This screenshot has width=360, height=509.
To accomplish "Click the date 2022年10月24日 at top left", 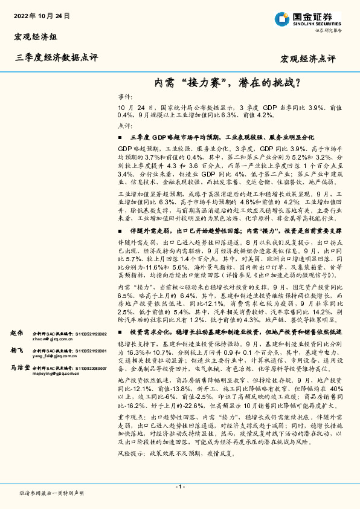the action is (x=37, y=15).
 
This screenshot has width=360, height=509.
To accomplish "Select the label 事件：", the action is (x=124, y=97).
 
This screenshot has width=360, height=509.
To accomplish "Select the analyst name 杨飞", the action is (x=17, y=351).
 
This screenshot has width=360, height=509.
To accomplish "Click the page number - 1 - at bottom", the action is (x=180, y=487).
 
